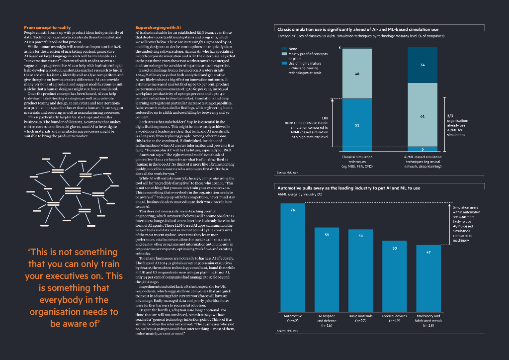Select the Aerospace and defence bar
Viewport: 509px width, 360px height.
tap(327, 269)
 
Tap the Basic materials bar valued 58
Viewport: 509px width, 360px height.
tap(360, 270)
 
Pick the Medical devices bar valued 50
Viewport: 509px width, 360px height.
tap(394, 275)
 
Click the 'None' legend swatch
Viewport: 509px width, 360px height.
tap(285, 49)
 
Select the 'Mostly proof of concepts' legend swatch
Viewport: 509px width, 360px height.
tap(285, 54)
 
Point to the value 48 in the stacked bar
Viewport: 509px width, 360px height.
tap(357, 73)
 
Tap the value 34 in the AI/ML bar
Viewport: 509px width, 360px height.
tap(422, 65)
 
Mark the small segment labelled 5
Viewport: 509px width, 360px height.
tap(422, 149)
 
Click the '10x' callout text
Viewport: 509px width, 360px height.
tap(325, 118)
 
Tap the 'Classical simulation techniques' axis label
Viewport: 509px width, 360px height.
tap(357, 161)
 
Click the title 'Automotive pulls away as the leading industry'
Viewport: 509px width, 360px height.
tap(348, 188)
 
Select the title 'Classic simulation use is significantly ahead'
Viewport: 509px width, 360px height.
tap(357, 30)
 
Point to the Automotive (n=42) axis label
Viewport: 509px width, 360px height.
tap(293, 318)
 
